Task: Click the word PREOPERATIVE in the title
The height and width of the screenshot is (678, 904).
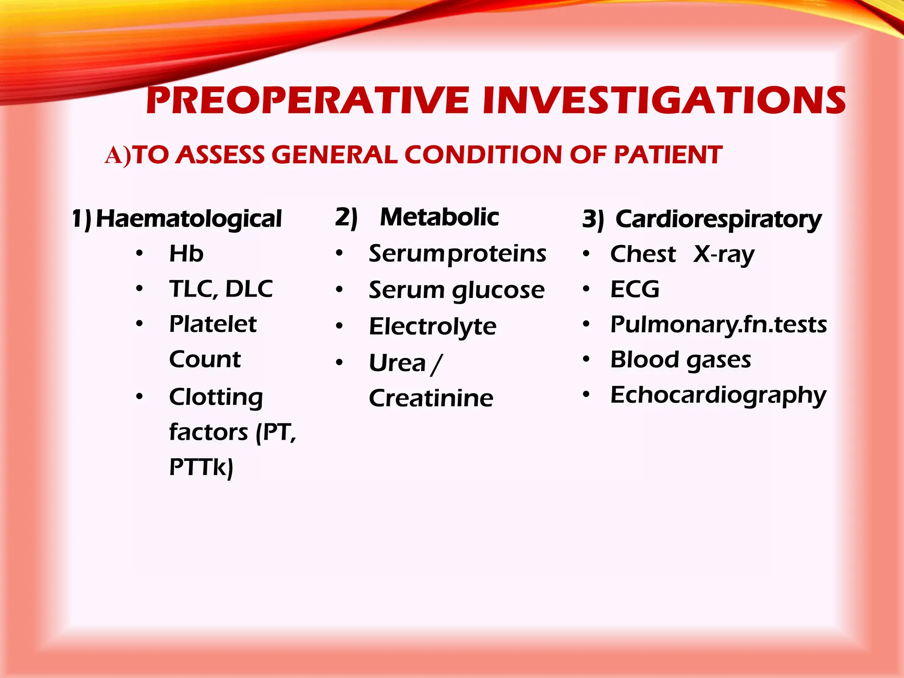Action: point(307,100)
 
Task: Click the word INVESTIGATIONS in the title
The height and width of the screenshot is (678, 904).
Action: point(664,100)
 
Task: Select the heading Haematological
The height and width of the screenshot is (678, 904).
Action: point(188,219)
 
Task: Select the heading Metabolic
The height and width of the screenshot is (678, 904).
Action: point(439,217)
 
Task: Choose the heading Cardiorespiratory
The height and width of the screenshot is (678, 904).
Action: point(718,219)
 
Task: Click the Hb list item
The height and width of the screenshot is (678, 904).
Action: point(186,254)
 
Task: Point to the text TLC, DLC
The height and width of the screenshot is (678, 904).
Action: point(221,289)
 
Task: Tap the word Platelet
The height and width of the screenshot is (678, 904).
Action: point(213,324)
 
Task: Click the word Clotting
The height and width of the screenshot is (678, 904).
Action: point(216,397)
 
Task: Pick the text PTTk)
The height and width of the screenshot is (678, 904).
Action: point(201,467)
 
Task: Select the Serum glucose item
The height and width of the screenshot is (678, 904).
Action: point(456,290)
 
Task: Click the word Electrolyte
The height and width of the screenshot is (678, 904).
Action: point(433,327)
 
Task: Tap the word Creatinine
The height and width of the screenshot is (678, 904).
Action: point(431,398)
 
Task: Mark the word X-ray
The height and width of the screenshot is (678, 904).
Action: point(724,255)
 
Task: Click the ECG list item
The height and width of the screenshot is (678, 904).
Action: point(635,290)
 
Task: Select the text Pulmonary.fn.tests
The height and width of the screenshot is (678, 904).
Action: point(718,325)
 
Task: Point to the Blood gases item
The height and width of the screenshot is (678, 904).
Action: point(680,360)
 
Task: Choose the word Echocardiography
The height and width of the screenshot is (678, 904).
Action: point(718,395)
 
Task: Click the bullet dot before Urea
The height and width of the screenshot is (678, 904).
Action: point(339,363)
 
